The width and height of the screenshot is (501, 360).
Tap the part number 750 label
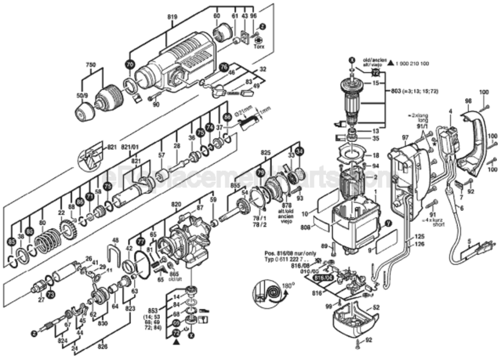pos(91,65)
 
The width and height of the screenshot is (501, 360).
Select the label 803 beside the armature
pos(396,90)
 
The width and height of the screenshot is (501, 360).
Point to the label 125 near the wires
pos(420,237)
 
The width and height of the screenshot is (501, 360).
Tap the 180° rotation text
pos(287,285)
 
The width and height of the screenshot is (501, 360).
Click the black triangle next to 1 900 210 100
pos(391,63)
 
